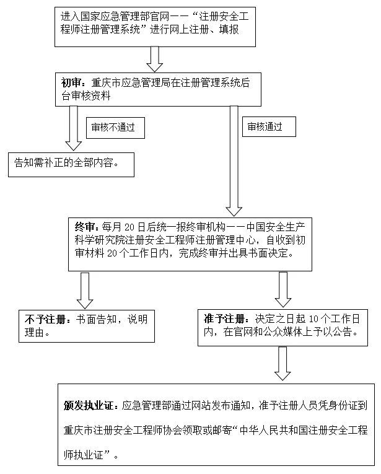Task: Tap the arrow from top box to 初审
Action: (x=154, y=58)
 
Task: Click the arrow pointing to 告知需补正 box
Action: (x=73, y=127)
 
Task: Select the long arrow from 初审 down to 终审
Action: (x=234, y=158)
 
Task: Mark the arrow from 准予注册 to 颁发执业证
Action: (x=283, y=362)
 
